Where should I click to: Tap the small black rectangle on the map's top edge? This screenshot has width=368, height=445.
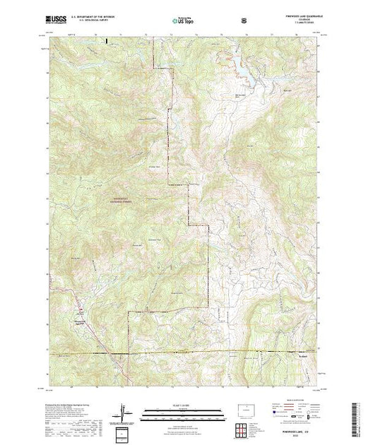click(x=106, y=42)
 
